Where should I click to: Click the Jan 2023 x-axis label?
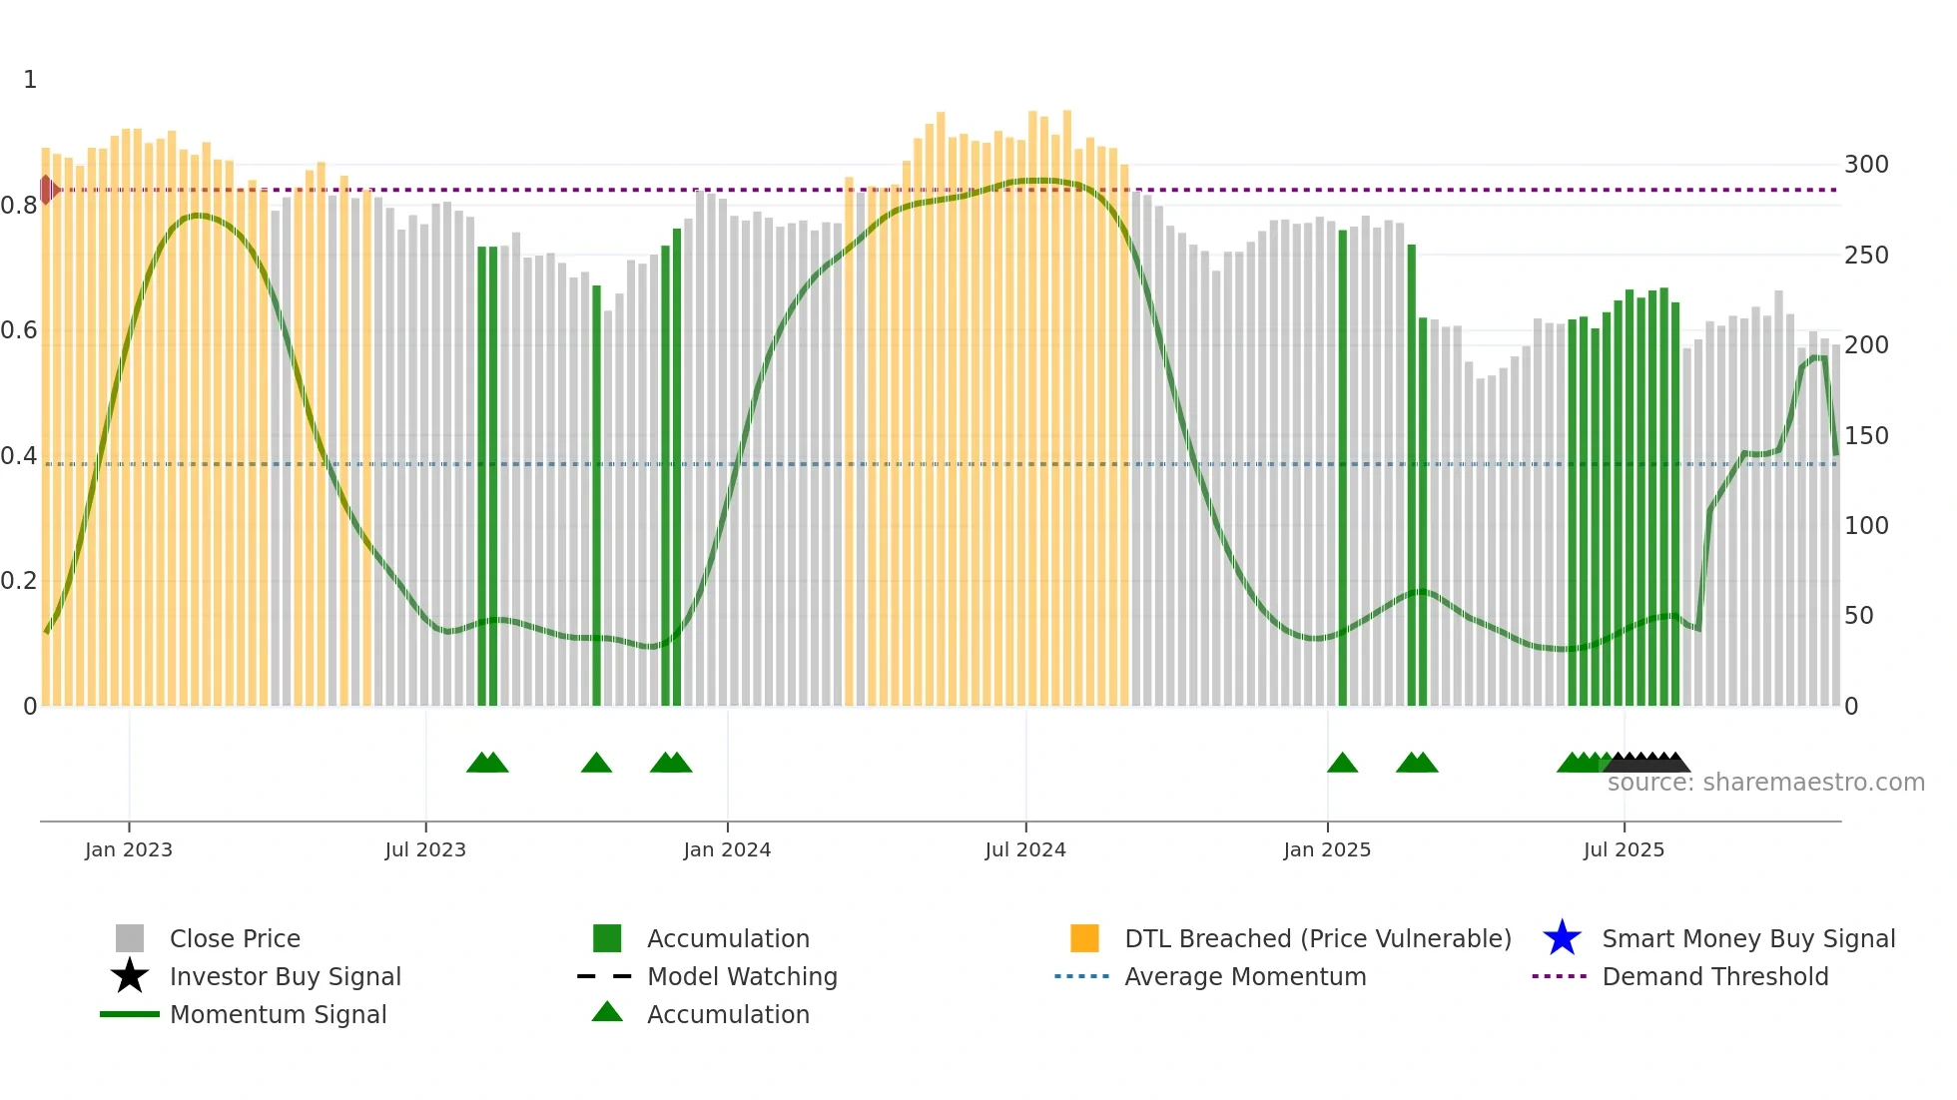129,849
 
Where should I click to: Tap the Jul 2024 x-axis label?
1025,849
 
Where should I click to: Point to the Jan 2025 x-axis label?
1327,849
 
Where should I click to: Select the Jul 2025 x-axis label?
1624,849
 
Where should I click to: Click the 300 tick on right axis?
1866,165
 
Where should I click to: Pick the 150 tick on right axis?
1866,436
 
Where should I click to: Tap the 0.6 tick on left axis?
19,330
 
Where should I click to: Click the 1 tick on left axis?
30,80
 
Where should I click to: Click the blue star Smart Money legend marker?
1562,938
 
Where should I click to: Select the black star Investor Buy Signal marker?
130,976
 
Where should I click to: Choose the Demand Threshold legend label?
1714,976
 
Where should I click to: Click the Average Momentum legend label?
1245,976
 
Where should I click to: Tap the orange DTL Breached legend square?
1084,938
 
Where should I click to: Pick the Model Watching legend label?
742,976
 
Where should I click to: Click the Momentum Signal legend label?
278,1014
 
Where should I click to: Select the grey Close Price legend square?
130,938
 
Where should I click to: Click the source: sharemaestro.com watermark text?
1765,783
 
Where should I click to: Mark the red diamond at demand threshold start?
47,189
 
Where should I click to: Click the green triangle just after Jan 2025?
1342,764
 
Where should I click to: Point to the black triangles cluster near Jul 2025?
1647,764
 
